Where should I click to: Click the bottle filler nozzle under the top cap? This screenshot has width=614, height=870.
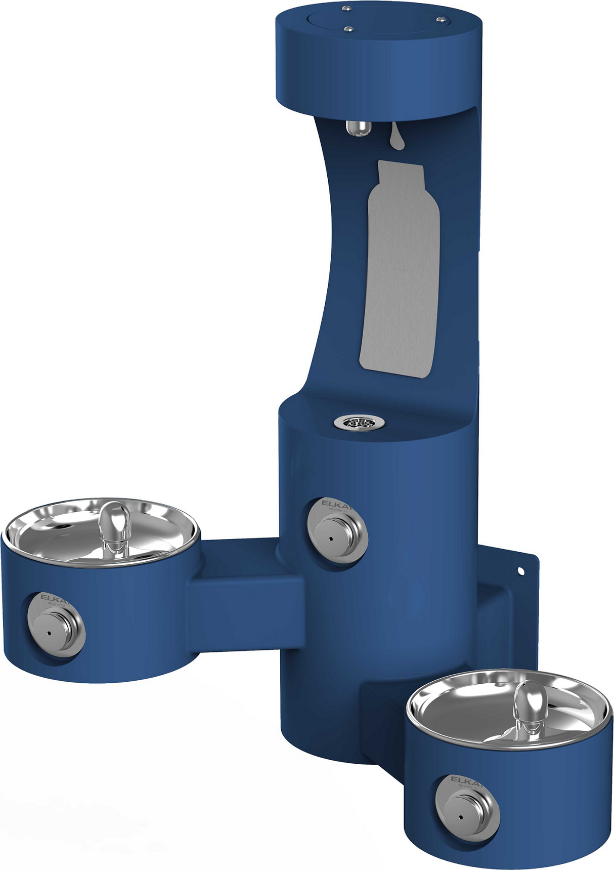(x=357, y=129)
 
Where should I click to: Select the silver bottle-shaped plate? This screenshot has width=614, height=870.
(x=400, y=268)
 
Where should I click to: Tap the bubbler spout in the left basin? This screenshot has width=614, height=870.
(x=115, y=527)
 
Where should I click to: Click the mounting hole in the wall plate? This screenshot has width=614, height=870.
(x=521, y=571)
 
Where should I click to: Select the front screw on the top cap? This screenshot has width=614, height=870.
(x=348, y=29)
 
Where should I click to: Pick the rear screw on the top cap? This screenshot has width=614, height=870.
(x=346, y=8)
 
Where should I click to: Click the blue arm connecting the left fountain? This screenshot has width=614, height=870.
(x=243, y=602)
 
